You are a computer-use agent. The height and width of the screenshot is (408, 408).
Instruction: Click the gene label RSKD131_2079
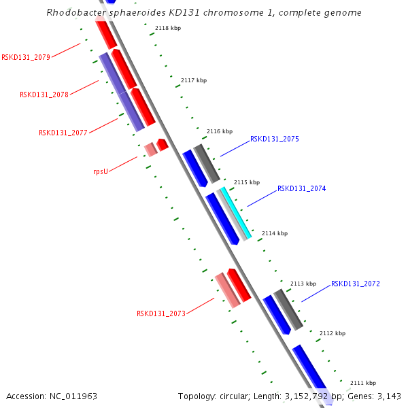click(x=26, y=57)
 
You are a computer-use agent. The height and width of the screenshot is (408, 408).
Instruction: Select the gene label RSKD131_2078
click(x=44, y=95)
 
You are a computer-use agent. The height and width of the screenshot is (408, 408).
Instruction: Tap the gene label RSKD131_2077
click(x=63, y=133)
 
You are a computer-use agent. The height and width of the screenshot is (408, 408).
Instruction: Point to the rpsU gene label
click(x=101, y=171)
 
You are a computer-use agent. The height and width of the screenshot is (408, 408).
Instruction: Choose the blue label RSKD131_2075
click(x=275, y=139)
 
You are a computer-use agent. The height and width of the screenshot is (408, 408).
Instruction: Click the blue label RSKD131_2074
click(x=302, y=188)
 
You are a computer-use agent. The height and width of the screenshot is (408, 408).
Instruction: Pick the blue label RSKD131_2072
click(x=356, y=284)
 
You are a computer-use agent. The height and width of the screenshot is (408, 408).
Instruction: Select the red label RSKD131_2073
click(x=161, y=313)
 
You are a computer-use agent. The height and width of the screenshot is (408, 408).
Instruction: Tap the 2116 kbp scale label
click(x=220, y=131)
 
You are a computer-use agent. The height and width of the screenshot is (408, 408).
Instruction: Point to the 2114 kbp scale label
click(x=275, y=233)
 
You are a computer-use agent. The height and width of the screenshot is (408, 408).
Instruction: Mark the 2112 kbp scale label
click(x=333, y=333)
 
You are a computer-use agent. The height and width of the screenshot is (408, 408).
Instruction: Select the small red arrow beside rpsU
click(x=163, y=144)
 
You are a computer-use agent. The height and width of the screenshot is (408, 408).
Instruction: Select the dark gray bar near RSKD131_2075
click(x=207, y=163)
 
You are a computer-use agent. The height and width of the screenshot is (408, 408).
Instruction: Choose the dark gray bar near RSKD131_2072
click(x=288, y=309)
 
